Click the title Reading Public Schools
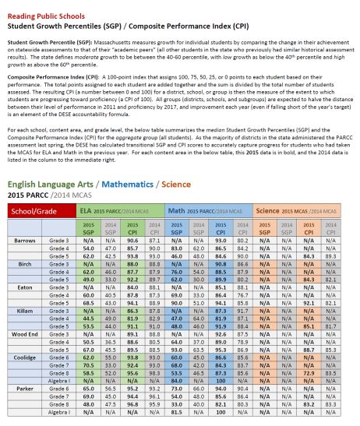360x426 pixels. [48, 6]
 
